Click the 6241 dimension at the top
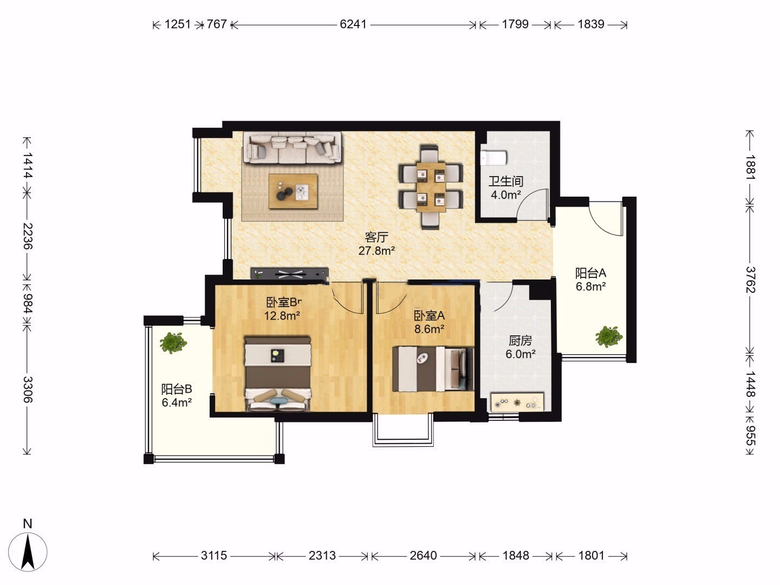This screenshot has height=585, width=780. tap(353, 24)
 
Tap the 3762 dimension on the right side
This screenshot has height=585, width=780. tap(750, 279)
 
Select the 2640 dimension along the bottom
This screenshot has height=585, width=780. tap(423, 555)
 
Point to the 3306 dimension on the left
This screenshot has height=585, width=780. tap(28, 389)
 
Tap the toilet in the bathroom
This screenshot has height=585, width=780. tap(493, 158)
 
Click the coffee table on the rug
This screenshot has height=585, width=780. tap(293, 191)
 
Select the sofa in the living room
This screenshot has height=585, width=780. tap(292, 148)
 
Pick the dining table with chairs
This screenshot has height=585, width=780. tap(431, 187)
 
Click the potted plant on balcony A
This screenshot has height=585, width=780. tap(609, 336)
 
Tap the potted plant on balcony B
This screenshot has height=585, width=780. tap(173, 343)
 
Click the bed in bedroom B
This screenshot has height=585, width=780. tap(277, 374)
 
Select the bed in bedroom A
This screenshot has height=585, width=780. tap(433, 369)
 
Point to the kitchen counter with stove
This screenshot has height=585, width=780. tap(517, 402)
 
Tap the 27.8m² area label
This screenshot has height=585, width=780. tap(376, 251)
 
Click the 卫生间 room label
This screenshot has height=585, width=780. tap(506, 181)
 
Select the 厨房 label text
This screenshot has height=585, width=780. tap(520, 341)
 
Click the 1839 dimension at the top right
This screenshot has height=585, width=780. tap(590, 24)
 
